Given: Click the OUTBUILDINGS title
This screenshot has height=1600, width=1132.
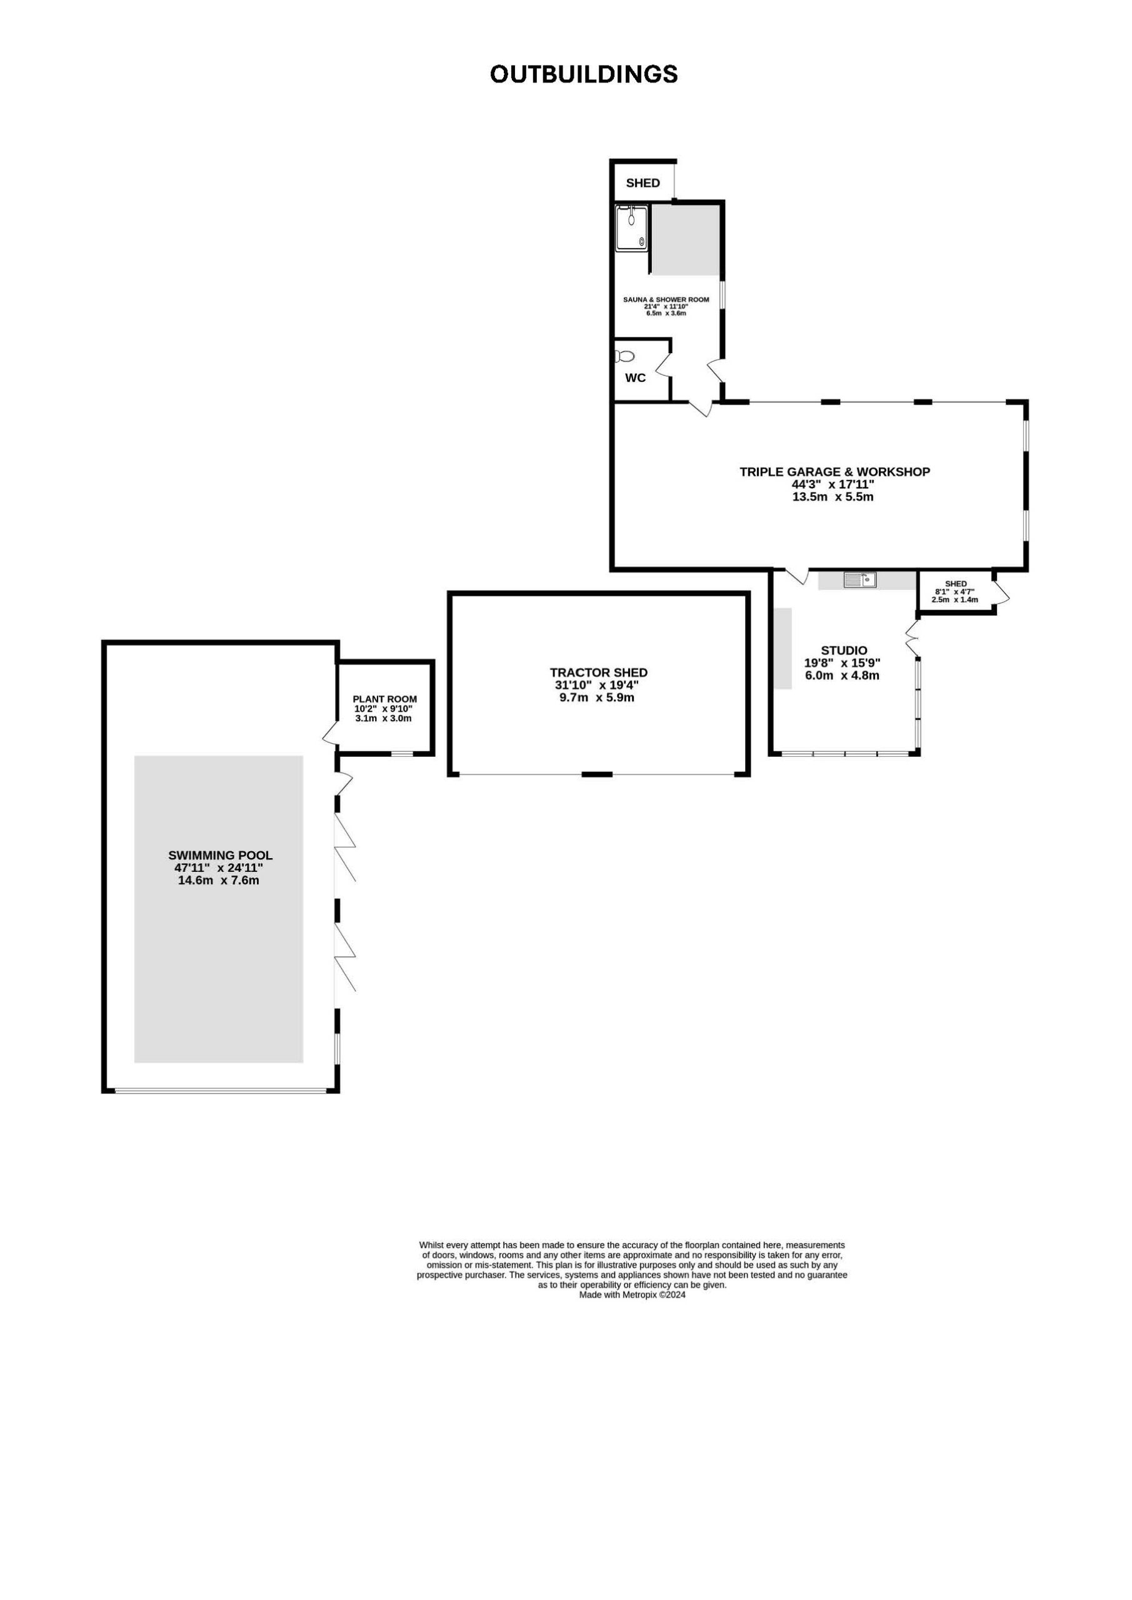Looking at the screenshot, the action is point(584,74).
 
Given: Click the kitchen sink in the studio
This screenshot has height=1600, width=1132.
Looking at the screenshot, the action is point(859,579).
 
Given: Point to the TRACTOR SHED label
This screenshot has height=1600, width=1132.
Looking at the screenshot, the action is point(599,672).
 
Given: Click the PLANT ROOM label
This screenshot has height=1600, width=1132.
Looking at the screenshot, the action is point(385,699).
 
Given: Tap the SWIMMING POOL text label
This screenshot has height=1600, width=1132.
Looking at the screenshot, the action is point(220,855).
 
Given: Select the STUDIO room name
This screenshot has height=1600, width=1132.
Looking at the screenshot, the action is point(843,651).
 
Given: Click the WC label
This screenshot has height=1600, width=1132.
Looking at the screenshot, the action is point(635,377).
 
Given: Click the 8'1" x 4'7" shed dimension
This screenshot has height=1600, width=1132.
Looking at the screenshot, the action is point(955,592).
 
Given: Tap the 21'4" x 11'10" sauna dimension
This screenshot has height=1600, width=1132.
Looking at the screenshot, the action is point(666,307).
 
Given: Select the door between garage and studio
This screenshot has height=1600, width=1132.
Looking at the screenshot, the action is point(798,576).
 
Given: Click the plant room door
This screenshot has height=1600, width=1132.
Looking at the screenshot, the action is point(331,732).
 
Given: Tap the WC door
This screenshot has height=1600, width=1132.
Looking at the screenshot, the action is point(662,366).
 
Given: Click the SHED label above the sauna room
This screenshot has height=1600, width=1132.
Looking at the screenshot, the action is point(643,183).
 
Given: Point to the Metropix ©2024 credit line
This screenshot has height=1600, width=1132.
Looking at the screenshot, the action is point(632,1295).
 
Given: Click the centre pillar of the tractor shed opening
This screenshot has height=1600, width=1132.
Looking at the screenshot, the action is point(598,774).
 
